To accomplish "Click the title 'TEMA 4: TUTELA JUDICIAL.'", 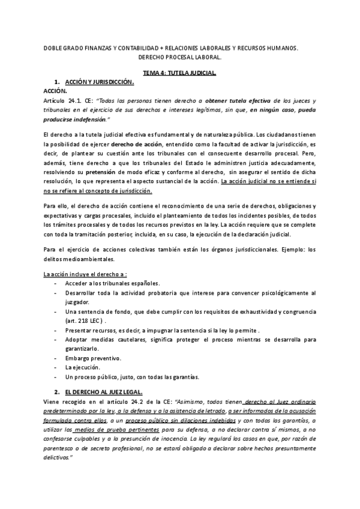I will pos(179,71).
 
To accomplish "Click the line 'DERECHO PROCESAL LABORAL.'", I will pos(179,58).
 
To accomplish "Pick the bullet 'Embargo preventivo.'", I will pos(92,358).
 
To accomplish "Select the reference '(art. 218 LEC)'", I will pos(83,321).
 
